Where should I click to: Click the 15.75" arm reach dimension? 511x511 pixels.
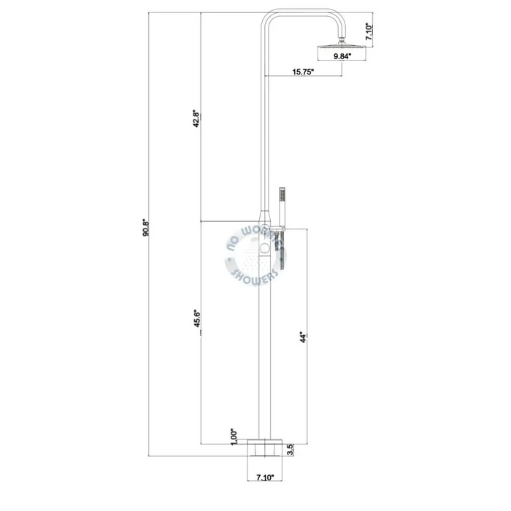[303, 72]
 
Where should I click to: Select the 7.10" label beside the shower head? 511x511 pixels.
[369, 31]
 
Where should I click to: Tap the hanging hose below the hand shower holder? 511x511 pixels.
[281, 248]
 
